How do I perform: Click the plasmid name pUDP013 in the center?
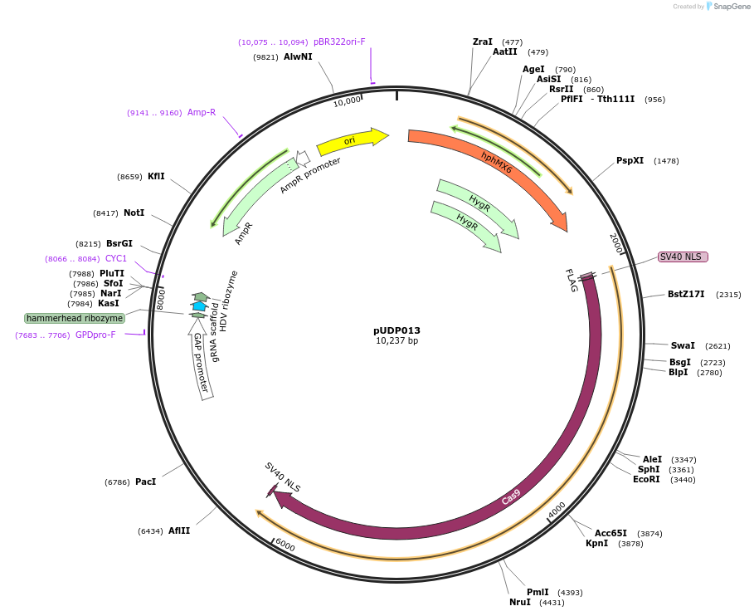(x=396, y=330)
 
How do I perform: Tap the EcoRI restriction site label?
(x=646, y=480)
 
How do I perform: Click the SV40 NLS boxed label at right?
(x=683, y=257)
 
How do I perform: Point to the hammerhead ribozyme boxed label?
(x=75, y=318)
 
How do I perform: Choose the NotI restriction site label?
(x=134, y=213)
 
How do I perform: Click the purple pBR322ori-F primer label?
(x=339, y=42)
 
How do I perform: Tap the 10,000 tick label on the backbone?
(x=347, y=101)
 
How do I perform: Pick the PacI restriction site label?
(x=145, y=482)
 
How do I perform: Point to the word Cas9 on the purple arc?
(x=511, y=496)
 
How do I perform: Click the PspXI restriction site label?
(x=630, y=161)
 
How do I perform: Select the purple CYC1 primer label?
(x=116, y=259)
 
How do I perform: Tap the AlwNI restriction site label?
(x=298, y=57)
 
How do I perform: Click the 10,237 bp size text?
(x=396, y=340)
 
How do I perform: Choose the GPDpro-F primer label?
(x=95, y=335)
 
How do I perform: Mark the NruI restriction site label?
(x=520, y=603)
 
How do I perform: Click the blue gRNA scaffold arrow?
(x=199, y=306)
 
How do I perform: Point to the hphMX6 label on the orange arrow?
(x=496, y=163)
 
